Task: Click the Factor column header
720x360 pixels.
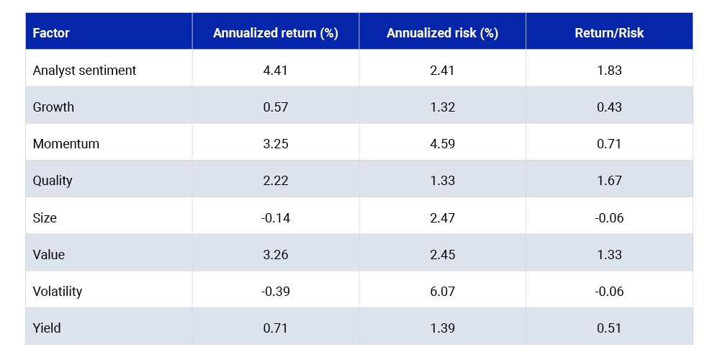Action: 51,33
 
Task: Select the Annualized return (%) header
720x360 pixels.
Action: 276,33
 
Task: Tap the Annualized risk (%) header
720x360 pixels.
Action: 442,33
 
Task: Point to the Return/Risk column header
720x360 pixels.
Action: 609,33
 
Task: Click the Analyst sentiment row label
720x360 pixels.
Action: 84,71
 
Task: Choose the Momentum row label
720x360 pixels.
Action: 66,144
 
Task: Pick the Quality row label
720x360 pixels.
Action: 53,181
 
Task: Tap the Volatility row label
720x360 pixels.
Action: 58,291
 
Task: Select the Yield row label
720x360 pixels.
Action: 47,328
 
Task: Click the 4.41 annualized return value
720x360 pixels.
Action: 276,71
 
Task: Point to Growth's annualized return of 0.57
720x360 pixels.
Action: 276,107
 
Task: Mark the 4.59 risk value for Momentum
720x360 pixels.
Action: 442,144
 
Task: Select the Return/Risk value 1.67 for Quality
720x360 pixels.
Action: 609,181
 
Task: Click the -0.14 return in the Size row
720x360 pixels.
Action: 276,217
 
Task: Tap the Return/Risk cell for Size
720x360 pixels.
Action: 609,217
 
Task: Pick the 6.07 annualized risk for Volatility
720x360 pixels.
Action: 442,291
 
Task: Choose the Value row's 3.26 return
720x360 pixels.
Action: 276,254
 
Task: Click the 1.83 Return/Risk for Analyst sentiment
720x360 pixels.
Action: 609,71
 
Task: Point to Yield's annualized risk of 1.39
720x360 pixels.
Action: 442,328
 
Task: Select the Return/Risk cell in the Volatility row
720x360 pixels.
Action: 609,291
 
